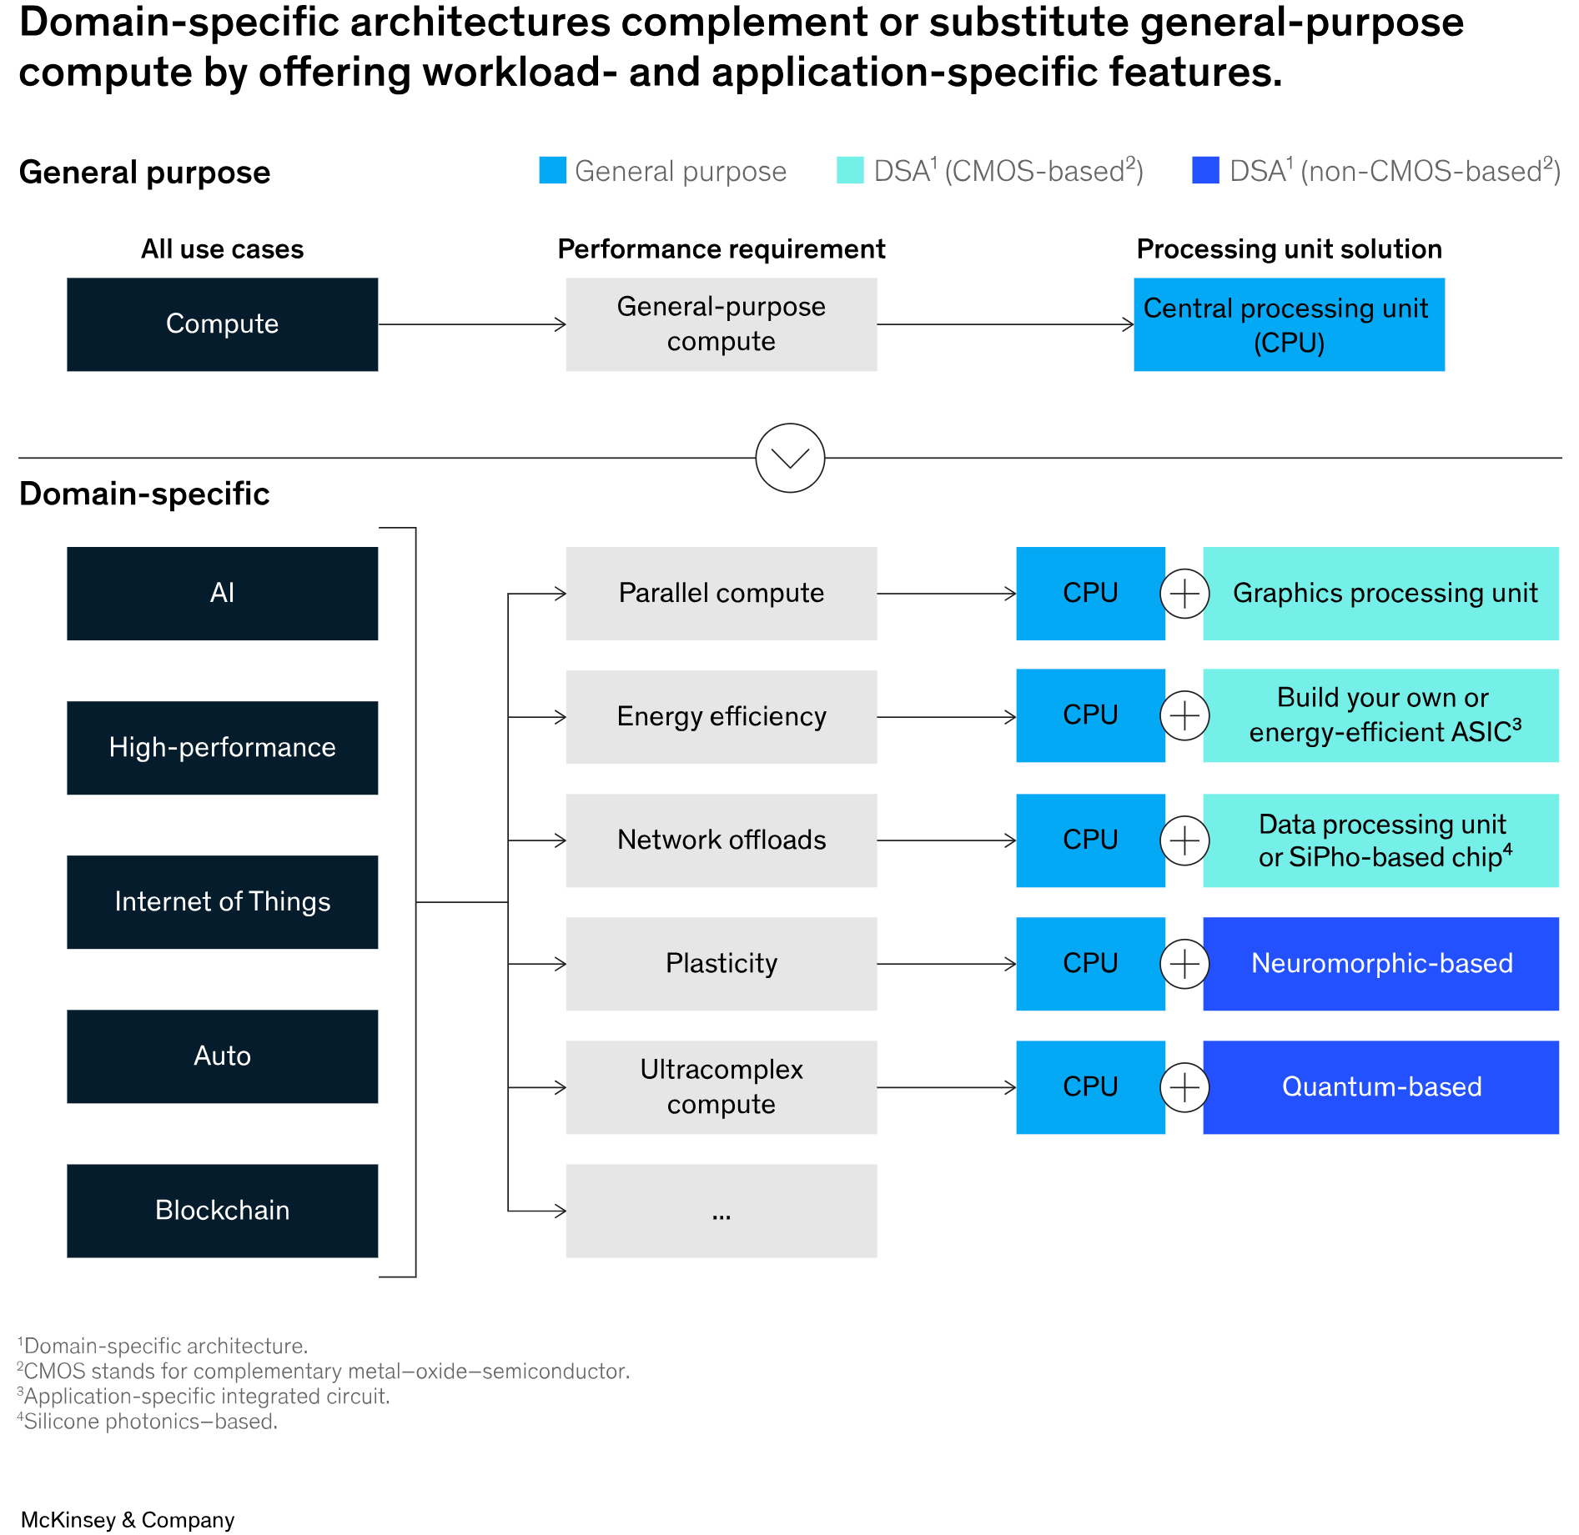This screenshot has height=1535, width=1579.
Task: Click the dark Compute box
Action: (x=222, y=324)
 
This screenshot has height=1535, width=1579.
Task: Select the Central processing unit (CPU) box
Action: (x=1289, y=324)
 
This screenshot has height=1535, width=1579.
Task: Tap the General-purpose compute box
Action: (x=721, y=324)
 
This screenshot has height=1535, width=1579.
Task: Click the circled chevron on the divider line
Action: (x=790, y=458)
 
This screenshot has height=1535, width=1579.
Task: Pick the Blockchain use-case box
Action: (x=222, y=1210)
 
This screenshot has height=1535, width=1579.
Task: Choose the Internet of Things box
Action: (x=222, y=901)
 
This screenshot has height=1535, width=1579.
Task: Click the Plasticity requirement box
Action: (x=721, y=964)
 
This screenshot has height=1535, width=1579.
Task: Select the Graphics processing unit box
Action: (x=1380, y=594)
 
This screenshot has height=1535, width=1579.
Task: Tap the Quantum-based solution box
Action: (x=1380, y=1087)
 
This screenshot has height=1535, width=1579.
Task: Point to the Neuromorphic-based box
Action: (x=1380, y=964)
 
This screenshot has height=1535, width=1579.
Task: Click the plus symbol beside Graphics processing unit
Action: (x=1184, y=594)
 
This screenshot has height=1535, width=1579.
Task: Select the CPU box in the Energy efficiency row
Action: (x=1090, y=715)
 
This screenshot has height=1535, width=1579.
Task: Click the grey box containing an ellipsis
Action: (x=721, y=1211)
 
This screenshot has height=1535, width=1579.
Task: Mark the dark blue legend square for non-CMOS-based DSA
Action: (x=1205, y=170)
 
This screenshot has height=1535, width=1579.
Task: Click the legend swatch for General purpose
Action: (x=552, y=170)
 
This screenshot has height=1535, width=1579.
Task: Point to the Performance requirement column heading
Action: (x=721, y=249)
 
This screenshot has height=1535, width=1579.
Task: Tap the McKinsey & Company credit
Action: (x=128, y=1519)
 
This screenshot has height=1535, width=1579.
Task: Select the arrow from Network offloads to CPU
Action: (x=946, y=840)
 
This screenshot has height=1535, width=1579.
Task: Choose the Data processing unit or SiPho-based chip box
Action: (x=1380, y=840)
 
